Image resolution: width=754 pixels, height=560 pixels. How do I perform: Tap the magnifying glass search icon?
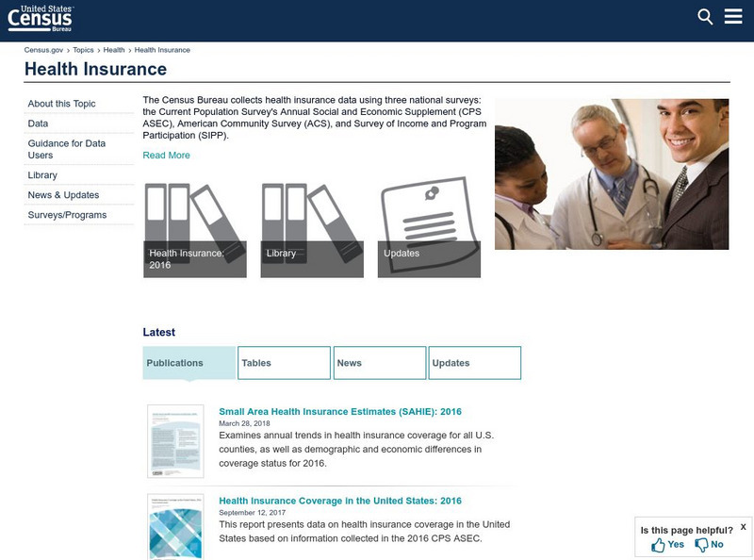(705, 16)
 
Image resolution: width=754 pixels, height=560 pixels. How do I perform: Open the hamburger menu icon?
(733, 16)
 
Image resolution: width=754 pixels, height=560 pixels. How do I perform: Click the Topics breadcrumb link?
(84, 50)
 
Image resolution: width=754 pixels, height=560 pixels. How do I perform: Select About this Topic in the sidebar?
(61, 104)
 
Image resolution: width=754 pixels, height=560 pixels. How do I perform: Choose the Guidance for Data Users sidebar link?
(66, 149)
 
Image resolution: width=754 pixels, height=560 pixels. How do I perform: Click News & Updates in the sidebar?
(63, 195)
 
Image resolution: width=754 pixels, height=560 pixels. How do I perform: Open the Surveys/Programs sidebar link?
(67, 215)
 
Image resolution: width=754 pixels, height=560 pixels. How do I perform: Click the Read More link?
(166, 156)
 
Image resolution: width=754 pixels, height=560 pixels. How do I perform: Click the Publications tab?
(188, 363)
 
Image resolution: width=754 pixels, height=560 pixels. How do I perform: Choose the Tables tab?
(283, 363)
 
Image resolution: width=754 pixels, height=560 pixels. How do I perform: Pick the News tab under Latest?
(379, 363)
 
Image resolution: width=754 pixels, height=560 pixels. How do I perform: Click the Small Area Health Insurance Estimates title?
(339, 412)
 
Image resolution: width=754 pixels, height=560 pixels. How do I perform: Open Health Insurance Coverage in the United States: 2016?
(339, 501)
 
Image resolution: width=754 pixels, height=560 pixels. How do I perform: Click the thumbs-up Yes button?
(667, 545)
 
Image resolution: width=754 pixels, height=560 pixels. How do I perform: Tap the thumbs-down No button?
(709, 545)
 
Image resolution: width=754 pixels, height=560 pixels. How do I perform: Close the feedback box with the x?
(743, 527)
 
